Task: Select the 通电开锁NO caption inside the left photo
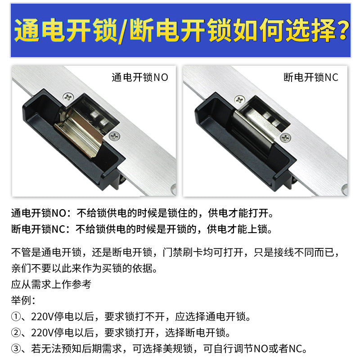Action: tap(139, 77)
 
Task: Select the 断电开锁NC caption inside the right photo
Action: tap(310, 77)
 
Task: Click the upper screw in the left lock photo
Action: tap(67, 96)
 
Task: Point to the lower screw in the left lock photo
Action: tap(114, 135)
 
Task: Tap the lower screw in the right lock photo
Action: tap(284, 137)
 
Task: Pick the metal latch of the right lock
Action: tap(252, 135)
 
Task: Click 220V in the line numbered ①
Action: tap(40, 317)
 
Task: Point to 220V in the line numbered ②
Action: tap(40, 333)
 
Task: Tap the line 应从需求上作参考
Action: tap(51, 284)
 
